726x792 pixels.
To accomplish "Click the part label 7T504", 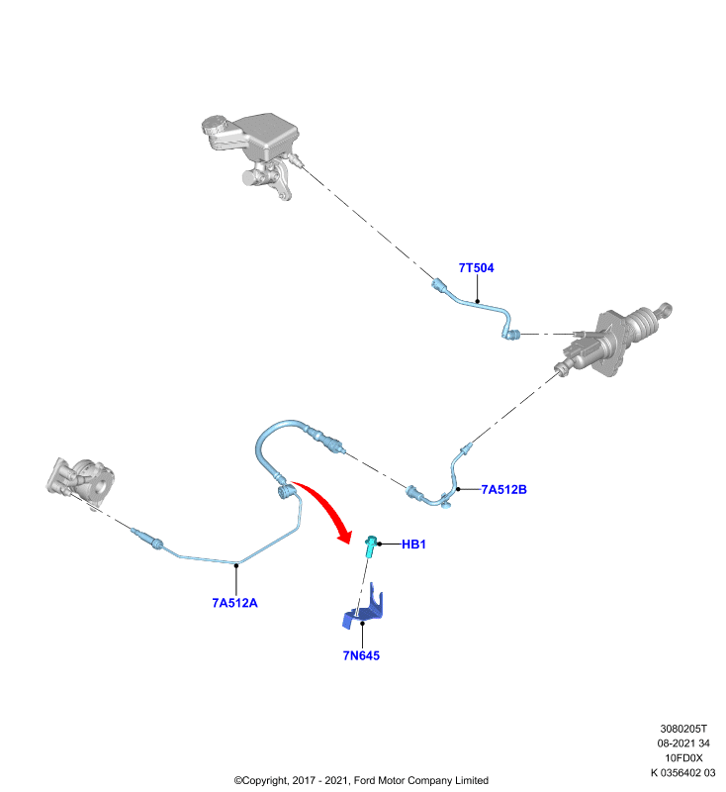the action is point(476,267).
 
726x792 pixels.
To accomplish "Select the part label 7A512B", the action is point(503,489).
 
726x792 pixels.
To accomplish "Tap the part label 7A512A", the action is point(234,603).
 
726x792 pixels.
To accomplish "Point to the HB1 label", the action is point(413,544).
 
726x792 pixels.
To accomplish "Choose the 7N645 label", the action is point(361,655).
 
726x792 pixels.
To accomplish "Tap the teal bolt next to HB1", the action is point(371,546).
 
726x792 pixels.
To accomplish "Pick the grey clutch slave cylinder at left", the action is point(81,481).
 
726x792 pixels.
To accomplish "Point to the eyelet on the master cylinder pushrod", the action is point(666,308).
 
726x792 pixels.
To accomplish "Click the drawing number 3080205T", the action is point(683,729).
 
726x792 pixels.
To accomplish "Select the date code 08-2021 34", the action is point(683,743).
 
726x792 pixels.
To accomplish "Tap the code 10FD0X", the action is point(683,757).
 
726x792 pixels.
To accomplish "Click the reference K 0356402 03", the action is point(683,772).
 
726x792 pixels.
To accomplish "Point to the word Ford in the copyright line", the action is point(366,780).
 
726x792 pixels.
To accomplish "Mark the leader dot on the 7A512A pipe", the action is point(236,565).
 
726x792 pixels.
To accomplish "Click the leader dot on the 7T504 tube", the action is point(478,302).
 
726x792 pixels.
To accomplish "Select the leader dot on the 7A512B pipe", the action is point(458,489).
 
